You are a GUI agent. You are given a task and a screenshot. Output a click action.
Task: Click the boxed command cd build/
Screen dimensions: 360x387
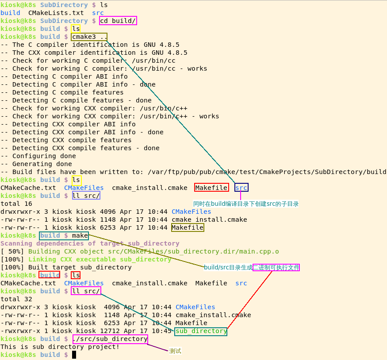pos(118,21)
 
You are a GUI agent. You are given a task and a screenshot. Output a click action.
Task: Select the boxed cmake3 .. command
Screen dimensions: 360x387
pos(89,37)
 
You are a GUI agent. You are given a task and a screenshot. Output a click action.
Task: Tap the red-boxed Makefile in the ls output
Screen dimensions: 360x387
pos(211,188)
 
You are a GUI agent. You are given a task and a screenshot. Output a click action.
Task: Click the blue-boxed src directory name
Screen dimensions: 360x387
pos(241,188)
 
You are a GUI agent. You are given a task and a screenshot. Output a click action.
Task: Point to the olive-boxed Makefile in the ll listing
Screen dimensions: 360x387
pos(188,227)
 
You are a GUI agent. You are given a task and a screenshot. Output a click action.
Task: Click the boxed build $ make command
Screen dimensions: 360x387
pos(64,235)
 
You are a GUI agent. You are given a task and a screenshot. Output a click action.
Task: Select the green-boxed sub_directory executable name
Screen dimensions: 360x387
pos(201,331)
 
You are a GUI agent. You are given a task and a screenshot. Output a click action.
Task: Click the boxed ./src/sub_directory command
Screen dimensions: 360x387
pos(110,339)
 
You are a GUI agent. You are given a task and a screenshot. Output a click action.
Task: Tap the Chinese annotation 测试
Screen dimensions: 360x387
pos(175,351)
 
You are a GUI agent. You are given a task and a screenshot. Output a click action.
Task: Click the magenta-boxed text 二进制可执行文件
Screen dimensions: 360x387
pos(276,267)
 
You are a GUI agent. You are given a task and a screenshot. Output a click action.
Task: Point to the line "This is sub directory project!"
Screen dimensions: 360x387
pos(60,347)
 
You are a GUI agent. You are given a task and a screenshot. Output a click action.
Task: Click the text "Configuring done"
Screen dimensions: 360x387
pos(44,156)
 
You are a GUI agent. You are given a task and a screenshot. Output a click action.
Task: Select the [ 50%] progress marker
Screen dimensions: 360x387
pos(12,251)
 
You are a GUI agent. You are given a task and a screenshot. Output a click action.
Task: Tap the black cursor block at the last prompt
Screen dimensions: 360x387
pos(74,355)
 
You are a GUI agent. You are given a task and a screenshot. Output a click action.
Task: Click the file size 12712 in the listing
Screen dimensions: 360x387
pos(110,331)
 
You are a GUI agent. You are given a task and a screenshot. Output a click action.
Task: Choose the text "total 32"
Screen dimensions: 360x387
pos(16,299)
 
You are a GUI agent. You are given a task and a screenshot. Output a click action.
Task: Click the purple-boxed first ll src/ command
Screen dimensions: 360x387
pos(86,196)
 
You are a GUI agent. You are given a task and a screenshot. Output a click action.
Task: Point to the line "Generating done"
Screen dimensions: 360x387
pos(42,164)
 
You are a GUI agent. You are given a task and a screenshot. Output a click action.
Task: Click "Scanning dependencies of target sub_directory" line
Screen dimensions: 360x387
pos(90,243)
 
